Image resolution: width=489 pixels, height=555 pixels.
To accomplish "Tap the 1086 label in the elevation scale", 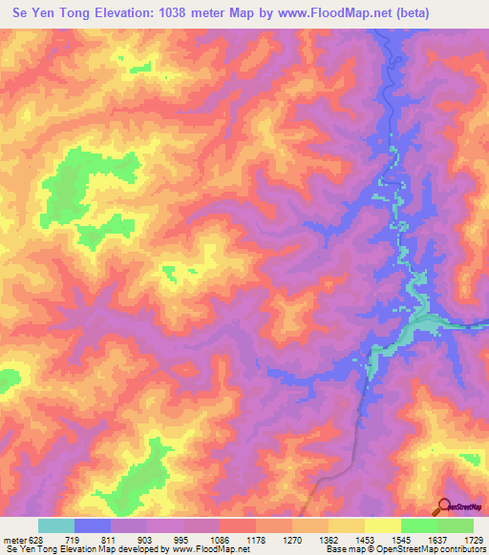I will pos(221,539).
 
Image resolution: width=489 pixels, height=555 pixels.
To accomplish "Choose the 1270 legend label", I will pos(293,539).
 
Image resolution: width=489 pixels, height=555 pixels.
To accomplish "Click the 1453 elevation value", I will pos(366,539).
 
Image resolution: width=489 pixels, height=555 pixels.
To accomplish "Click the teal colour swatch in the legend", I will pos(56,525).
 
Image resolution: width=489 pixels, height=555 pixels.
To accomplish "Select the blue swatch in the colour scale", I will pos(93,525).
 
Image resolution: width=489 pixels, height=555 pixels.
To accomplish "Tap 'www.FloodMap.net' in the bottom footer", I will pos(207,549).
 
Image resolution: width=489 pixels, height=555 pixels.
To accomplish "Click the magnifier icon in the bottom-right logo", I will pos(443,505).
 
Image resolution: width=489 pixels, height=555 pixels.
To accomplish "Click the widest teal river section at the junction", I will pos(420,325).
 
